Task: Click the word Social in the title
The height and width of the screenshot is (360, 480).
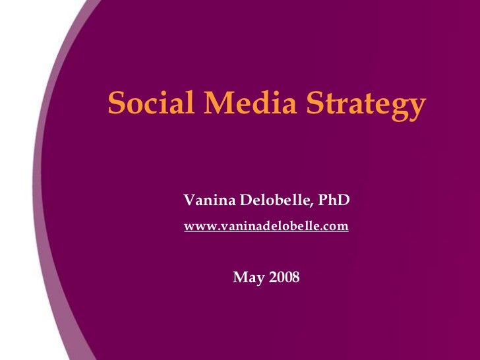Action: (146, 104)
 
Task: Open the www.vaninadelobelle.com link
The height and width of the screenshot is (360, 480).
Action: (266, 227)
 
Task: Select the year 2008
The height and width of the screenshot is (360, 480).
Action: (284, 278)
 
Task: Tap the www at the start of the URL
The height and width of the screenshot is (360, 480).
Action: (196, 227)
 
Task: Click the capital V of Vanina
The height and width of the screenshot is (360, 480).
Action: (189, 200)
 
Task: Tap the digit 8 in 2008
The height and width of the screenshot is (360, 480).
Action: (295, 278)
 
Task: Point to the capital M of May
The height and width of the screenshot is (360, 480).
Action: (241, 278)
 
